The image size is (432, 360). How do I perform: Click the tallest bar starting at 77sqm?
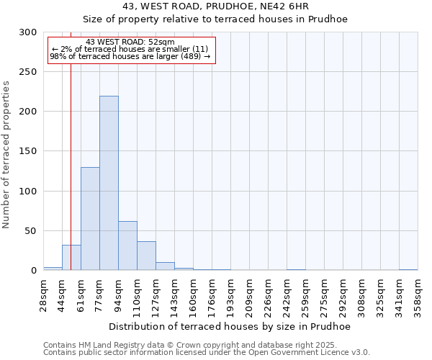pyautogui.click(x=109, y=183)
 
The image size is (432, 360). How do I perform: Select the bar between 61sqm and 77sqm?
pyautogui.click(x=90, y=219)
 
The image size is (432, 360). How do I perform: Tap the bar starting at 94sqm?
pyautogui.click(x=127, y=246)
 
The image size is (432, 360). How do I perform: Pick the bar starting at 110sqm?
pyautogui.click(x=146, y=256)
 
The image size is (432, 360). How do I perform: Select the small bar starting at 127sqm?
pyautogui.click(x=165, y=266)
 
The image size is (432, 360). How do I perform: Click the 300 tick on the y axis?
pyautogui.click(x=28, y=32)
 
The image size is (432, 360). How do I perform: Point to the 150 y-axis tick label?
pyautogui.click(x=28, y=152)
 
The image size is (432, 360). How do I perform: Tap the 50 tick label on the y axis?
pyautogui.click(x=31, y=231)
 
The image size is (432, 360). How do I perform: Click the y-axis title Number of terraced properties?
pyautogui.click(x=6, y=154)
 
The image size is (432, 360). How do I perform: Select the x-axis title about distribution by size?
pyautogui.click(x=230, y=327)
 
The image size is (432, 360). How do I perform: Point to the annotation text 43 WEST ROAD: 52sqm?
pyautogui.click(x=130, y=42)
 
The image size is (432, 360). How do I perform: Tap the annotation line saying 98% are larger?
pyautogui.click(x=130, y=56)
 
